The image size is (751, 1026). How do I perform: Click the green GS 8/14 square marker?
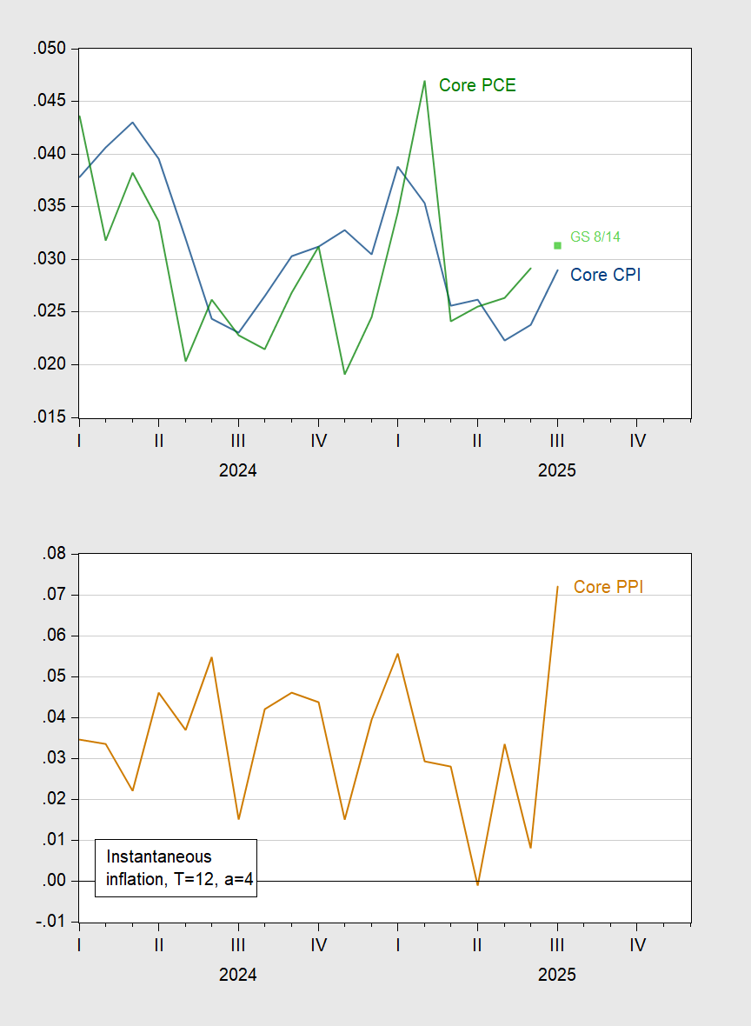[x=557, y=245]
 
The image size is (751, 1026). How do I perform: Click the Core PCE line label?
[x=477, y=85]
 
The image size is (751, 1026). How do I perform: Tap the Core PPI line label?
[x=608, y=587]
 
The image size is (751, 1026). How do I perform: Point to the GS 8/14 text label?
[x=595, y=237]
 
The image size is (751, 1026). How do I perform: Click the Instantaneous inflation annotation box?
[x=176, y=868]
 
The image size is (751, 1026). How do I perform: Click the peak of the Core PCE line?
[x=424, y=81]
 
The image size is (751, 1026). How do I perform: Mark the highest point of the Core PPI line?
[x=557, y=586]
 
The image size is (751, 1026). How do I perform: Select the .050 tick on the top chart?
[x=50, y=49]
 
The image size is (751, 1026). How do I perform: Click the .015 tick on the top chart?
[x=50, y=417]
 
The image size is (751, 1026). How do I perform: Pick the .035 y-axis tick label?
[x=50, y=207]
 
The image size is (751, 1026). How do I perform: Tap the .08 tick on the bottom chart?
[x=54, y=554]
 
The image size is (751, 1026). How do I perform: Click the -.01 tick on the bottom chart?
[x=51, y=922]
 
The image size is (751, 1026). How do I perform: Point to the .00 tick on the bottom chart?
[x=54, y=881]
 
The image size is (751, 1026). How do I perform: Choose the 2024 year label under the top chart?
[x=237, y=470]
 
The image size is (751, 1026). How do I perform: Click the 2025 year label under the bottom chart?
[x=556, y=975]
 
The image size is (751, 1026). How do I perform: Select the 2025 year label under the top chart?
[x=556, y=470]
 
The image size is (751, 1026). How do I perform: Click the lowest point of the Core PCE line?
[x=345, y=374]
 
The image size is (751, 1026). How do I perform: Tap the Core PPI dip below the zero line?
[x=477, y=884]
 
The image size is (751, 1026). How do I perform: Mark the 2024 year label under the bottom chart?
[x=237, y=975]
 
